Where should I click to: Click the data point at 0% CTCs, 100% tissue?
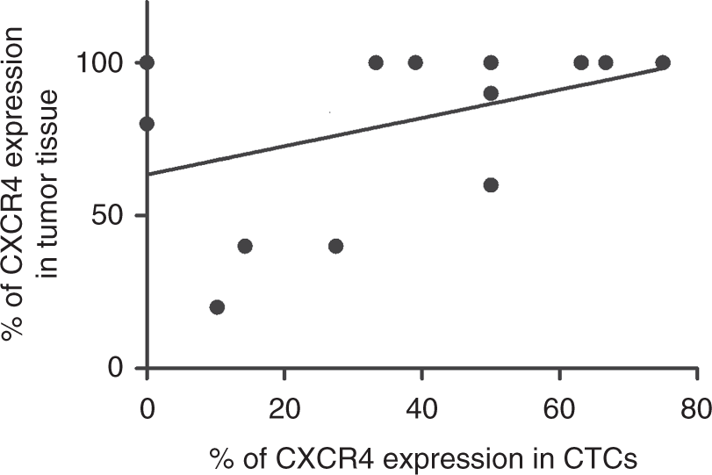pyautogui.click(x=147, y=62)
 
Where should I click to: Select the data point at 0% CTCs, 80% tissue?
pyautogui.click(x=147, y=124)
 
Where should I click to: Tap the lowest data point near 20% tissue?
pyautogui.click(x=217, y=307)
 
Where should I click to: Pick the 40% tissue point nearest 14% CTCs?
pyautogui.click(x=245, y=246)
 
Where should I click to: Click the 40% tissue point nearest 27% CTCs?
pyautogui.click(x=335, y=246)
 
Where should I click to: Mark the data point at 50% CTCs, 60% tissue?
pyautogui.click(x=491, y=184)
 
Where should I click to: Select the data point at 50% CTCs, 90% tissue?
pyautogui.click(x=491, y=93)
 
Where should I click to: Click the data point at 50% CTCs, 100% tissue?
pyautogui.click(x=491, y=62)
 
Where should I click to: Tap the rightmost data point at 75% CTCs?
pyautogui.click(x=663, y=62)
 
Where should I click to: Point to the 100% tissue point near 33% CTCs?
pyautogui.click(x=376, y=62)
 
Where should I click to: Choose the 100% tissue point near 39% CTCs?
pyautogui.click(x=415, y=62)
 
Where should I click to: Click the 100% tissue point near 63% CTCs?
pyautogui.click(x=580, y=62)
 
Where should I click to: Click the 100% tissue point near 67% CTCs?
pyautogui.click(x=605, y=62)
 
